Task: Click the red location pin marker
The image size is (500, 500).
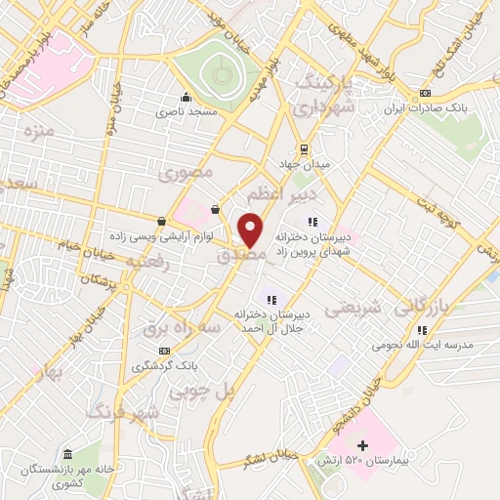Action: tap(251, 230)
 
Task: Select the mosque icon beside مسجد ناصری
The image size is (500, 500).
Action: tap(186, 97)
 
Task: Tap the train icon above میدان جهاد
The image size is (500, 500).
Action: tap(306, 149)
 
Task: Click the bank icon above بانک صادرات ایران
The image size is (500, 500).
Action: tap(424, 94)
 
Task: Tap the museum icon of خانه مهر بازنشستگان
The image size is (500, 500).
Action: tap(67, 455)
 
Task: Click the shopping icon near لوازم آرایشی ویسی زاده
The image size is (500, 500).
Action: tap(161, 221)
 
